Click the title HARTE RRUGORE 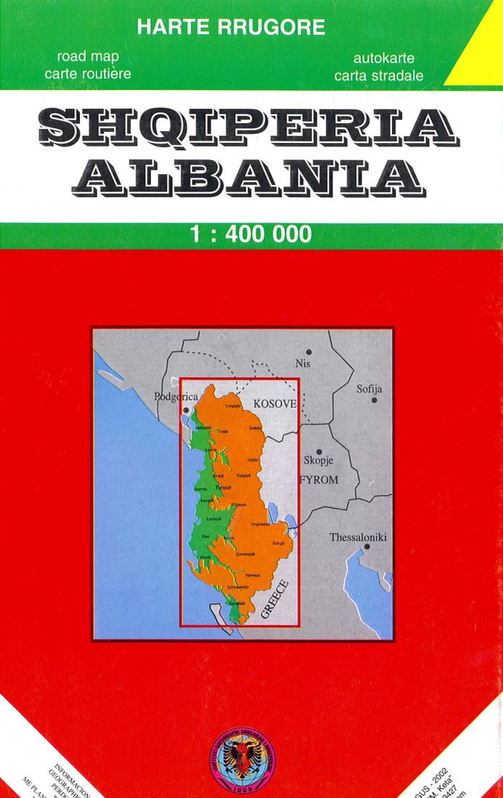tap(231, 28)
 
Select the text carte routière tap(88, 74)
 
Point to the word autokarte tap(378, 58)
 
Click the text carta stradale tap(378, 75)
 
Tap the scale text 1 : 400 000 tap(250, 234)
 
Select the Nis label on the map tap(302, 363)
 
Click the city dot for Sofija tap(375, 400)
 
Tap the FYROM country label tap(319, 480)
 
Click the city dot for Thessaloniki tap(367, 547)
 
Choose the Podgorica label tap(176, 397)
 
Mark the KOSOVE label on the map tap(274, 403)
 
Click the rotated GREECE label tap(274, 598)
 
